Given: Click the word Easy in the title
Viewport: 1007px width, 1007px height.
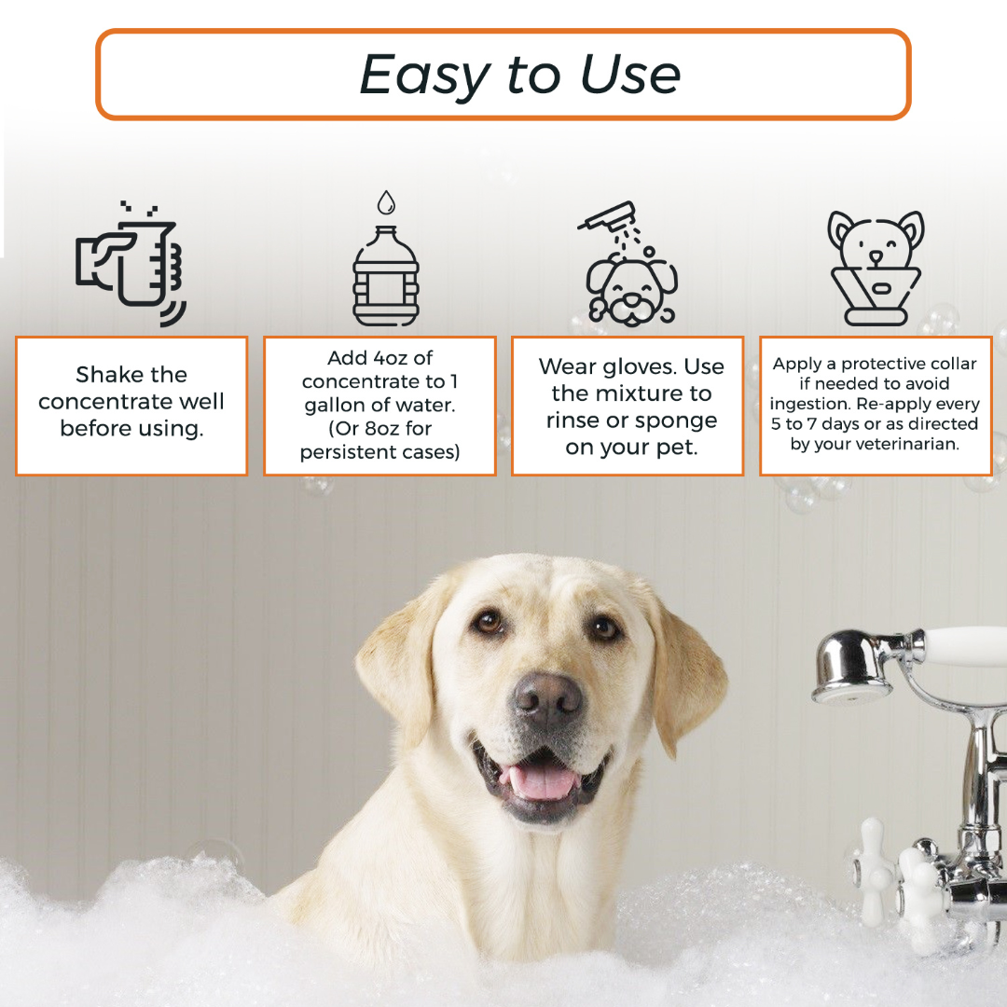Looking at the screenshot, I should coord(424,75).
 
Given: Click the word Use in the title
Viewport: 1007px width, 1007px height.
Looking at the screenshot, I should coord(630,75).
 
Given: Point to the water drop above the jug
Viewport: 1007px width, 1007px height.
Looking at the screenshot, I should coord(386,202).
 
